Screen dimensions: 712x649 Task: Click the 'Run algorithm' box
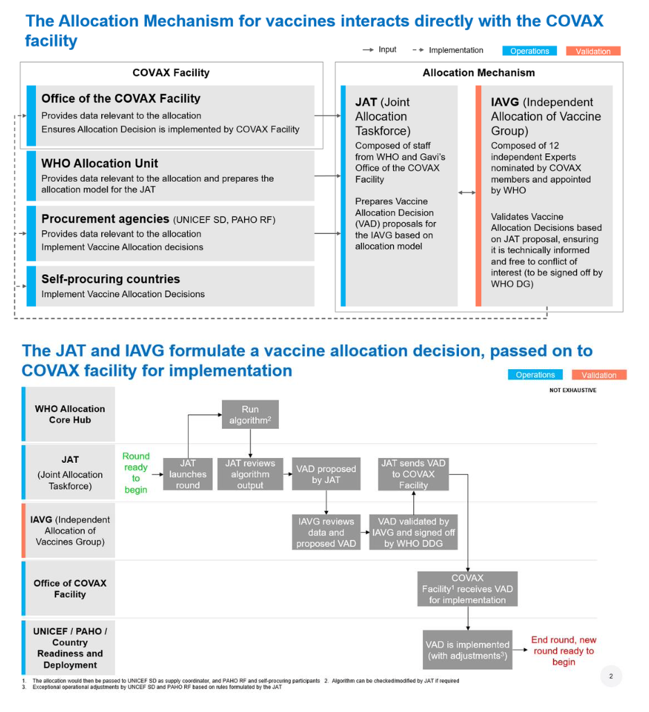coord(250,414)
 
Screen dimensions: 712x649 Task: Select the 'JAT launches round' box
coord(188,474)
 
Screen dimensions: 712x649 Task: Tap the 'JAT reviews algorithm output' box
coord(250,474)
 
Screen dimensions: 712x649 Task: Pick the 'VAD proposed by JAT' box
coord(326,474)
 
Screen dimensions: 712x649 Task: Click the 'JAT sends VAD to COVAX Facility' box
coord(413,474)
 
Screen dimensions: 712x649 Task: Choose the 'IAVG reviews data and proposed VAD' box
coord(326,532)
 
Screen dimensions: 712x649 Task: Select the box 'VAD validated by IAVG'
coord(413,532)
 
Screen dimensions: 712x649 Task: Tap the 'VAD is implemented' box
coord(467,650)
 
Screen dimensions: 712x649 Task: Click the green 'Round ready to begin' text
coord(136,473)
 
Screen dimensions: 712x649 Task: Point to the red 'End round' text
coord(564,650)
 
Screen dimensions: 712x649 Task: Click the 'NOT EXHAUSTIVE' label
coord(573,390)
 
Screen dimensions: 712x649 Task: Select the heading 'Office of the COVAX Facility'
coord(121,99)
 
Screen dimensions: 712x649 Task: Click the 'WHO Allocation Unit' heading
coord(100,163)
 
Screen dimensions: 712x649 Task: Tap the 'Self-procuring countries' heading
coord(111,279)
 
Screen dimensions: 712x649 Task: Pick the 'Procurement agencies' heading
coord(105,219)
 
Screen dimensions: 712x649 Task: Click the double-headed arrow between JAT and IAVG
coord(467,192)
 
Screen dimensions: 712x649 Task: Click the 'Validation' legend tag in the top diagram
coord(593,51)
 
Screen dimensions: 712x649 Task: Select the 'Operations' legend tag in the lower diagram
coord(535,375)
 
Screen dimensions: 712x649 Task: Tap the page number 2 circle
coord(611,676)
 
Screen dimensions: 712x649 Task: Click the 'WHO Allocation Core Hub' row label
coord(70,414)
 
